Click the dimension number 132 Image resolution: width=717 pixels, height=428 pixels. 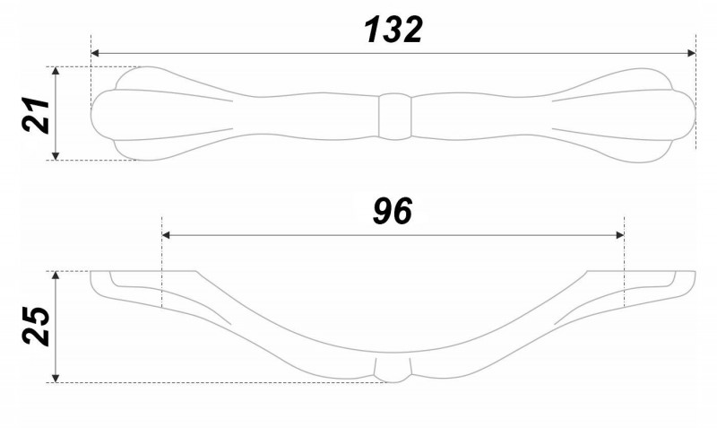point(393,30)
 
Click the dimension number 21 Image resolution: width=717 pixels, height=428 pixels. point(35,114)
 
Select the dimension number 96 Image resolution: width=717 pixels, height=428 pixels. point(392,211)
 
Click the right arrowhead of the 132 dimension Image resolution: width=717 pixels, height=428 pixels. point(691,53)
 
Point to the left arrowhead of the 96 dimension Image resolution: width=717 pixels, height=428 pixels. point(166,235)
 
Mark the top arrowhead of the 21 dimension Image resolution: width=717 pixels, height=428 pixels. point(56,72)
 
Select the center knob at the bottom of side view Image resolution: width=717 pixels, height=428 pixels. point(392,370)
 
